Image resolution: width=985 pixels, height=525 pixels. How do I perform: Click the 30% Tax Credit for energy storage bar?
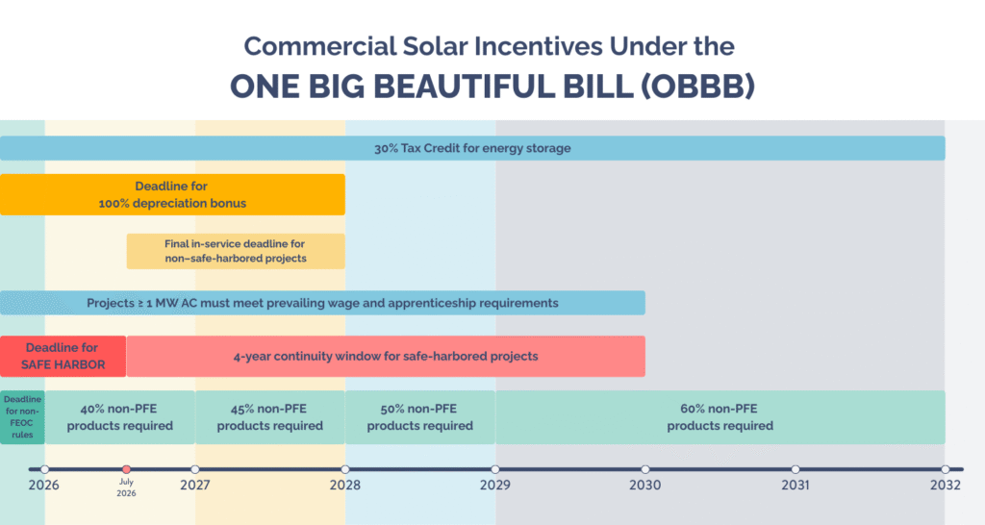pyautogui.click(x=472, y=148)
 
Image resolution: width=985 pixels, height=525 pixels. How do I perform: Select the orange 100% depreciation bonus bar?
pyautogui.click(x=172, y=194)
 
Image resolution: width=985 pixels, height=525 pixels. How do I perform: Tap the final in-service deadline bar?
pyautogui.click(x=236, y=251)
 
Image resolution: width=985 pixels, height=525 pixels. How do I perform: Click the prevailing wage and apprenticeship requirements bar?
pyautogui.click(x=322, y=303)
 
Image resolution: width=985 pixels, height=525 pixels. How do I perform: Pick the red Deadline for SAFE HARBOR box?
pyautogui.click(x=63, y=356)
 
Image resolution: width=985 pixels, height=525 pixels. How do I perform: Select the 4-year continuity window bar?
pyautogui.click(x=386, y=356)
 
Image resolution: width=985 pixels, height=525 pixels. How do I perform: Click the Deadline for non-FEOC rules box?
pyautogui.click(x=22, y=416)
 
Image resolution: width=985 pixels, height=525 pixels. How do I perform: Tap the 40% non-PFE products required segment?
pyautogui.click(x=120, y=417)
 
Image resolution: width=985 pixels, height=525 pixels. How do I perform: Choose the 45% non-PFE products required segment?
pyautogui.click(x=270, y=417)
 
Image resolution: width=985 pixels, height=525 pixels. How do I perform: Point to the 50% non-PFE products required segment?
pyautogui.click(x=420, y=417)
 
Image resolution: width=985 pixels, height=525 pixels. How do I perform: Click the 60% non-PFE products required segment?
pyautogui.click(x=720, y=417)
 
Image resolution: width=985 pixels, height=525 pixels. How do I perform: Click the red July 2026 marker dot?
pyautogui.click(x=126, y=469)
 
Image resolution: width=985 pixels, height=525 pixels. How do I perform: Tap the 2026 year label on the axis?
pyautogui.click(x=43, y=486)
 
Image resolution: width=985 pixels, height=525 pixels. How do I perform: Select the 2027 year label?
pyautogui.click(x=194, y=486)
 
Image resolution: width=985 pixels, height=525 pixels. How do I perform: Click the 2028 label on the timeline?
pyautogui.click(x=344, y=486)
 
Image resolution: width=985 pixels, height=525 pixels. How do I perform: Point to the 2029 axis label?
pyautogui.click(x=495, y=486)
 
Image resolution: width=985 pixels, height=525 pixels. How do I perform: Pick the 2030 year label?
pyautogui.click(x=645, y=486)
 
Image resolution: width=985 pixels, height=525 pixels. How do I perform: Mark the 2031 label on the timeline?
pyautogui.click(x=796, y=486)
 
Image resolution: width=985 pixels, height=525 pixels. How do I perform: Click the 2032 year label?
pyautogui.click(x=946, y=486)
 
